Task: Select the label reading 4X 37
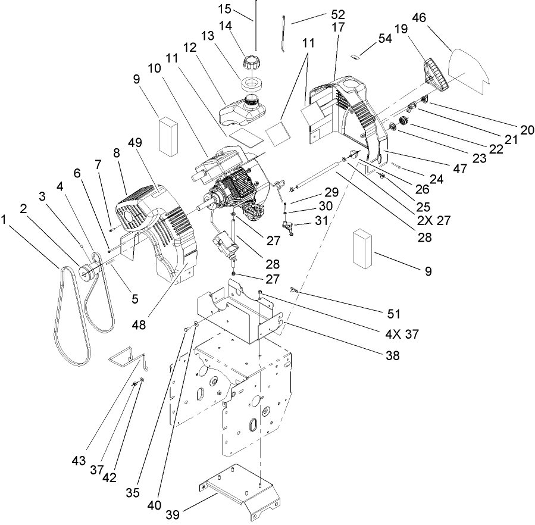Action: point(403,334)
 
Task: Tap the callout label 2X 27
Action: point(434,219)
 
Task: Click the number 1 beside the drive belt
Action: point(6,220)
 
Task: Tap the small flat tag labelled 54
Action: point(355,58)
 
